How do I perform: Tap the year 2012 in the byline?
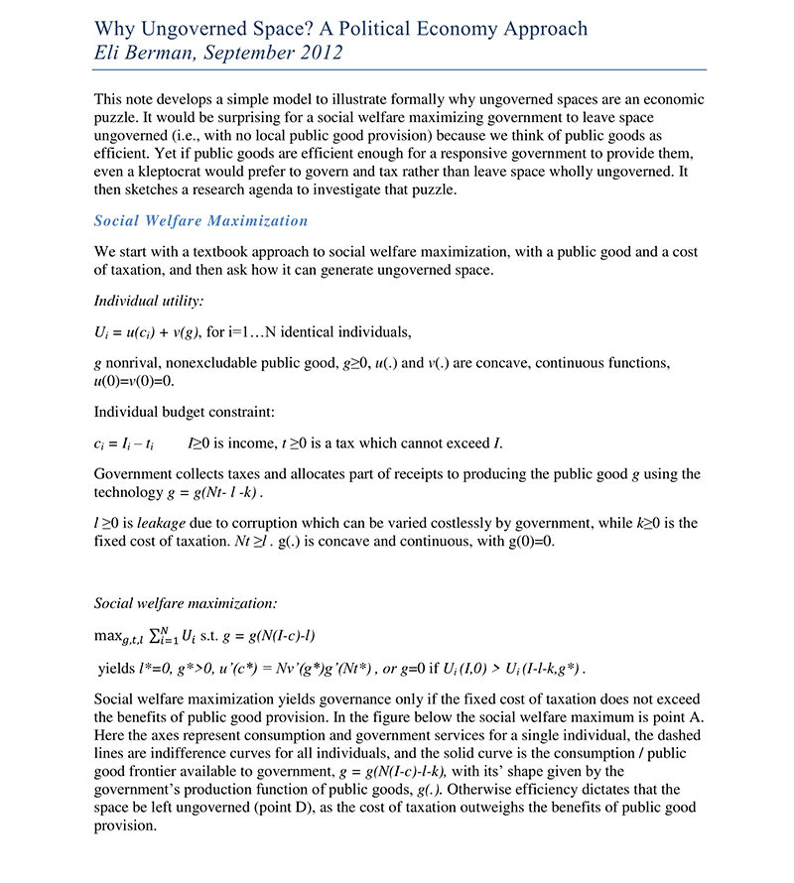click(x=317, y=53)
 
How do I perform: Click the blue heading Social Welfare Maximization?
click(x=200, y=220)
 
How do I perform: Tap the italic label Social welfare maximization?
click(x=186, y=602)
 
